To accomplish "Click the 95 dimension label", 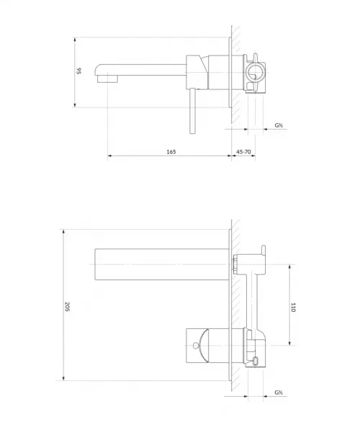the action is tap(78, 71).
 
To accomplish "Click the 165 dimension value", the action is tap(171, 152).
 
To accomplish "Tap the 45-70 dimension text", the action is tap(243, 152).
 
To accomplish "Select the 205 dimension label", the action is tap(67, 307).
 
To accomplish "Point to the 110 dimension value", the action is tap(293, 307).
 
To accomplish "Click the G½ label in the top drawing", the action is tap(279, 125).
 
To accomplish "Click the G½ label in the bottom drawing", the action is tap(279, 392).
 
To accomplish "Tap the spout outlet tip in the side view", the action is tap(107, 78).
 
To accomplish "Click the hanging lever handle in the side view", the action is tap(192, 111).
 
